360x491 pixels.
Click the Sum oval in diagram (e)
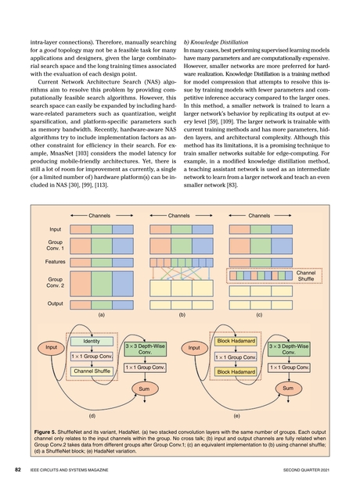point(288,388)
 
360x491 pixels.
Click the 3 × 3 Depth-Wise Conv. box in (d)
point(145,349)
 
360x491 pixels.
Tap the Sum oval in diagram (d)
point(144,388)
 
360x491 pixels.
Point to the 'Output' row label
point(56,303)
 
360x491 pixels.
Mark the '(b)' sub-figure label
point(180,315)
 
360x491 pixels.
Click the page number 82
point(16,471)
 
